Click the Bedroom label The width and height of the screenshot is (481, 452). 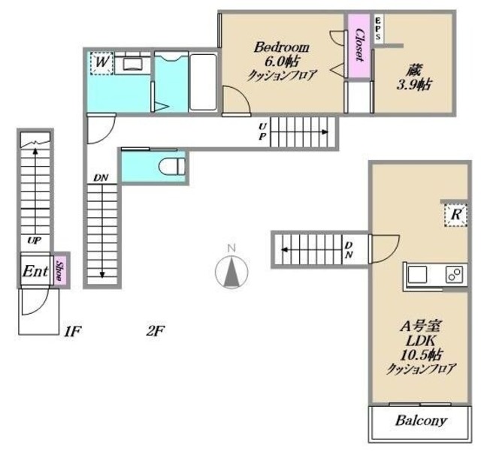(282, 47)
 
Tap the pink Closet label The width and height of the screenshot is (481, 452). (359, 45)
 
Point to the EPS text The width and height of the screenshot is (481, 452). (377, 29)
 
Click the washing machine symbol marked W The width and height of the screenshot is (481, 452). (101, 63)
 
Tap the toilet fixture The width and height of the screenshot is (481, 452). (172, 167)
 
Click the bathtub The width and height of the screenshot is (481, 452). (203, 82)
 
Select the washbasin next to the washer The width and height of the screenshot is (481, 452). (132, 64)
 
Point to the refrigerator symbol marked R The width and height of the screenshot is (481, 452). (456, 215)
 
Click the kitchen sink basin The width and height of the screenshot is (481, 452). (417, 274)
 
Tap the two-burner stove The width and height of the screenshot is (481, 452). (454, 274)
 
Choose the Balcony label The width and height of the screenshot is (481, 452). (421, 420)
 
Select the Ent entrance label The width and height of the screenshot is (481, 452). (35, 271)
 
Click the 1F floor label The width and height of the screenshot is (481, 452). (72, 331)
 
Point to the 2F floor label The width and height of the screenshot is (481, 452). (156, 331)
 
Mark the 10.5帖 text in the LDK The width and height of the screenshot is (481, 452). (421, 355)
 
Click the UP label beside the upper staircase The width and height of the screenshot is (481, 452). (262, 131)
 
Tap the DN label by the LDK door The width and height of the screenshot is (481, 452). (349, 250)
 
